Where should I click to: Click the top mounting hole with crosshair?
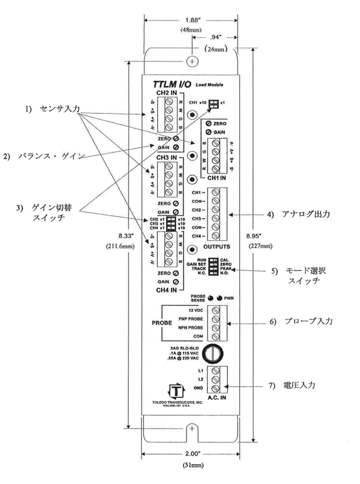coord(192,61)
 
